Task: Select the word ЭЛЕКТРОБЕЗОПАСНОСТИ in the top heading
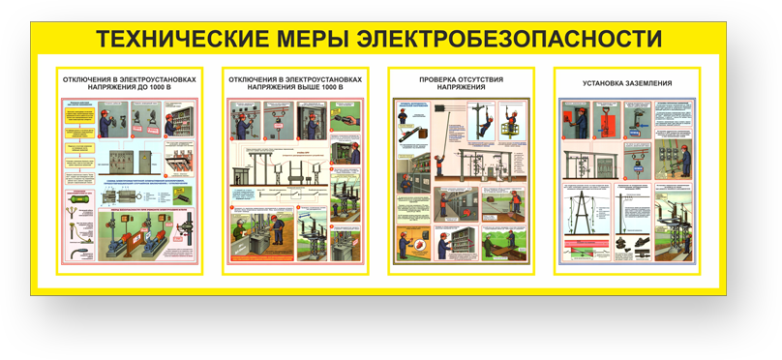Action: point(510,39)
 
